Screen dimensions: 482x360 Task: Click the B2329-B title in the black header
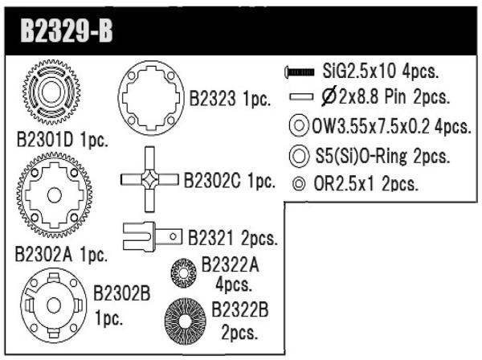click(67, 31)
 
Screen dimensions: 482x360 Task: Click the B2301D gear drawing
click(51, 92)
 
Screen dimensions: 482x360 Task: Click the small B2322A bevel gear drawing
click(183, 272)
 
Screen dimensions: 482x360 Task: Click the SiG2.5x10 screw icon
click(300, 72)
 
